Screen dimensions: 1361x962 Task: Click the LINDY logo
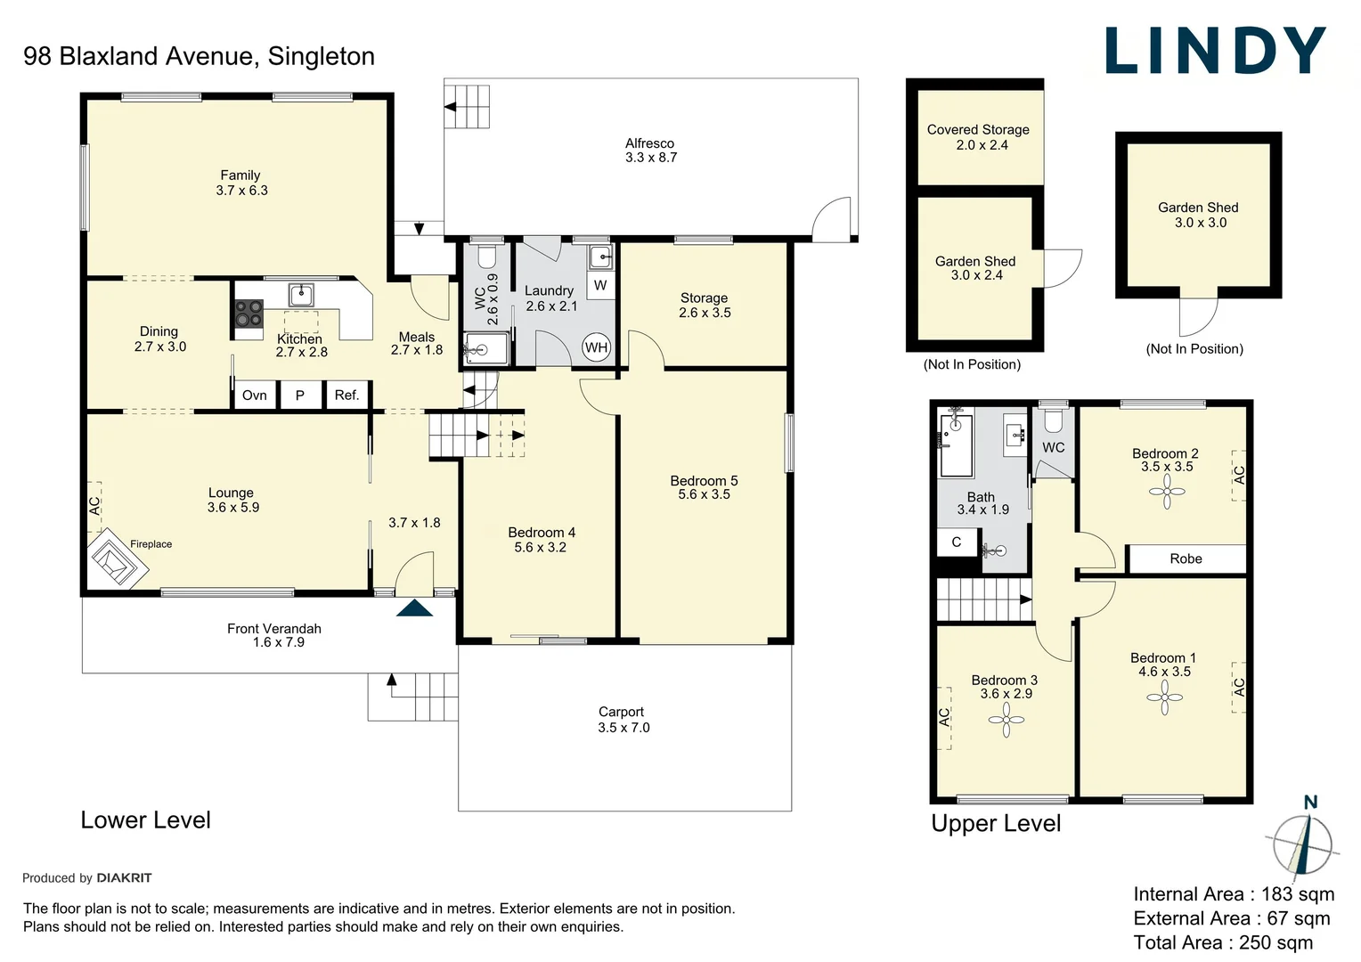(x=1215, y=51)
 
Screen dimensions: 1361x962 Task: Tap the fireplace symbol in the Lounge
(x=118, y=558)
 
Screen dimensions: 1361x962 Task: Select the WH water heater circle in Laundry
(x=596, y=347)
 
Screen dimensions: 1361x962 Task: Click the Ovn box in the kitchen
(x=255, y=395)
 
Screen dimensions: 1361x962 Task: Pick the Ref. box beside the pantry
(x=347, y=395)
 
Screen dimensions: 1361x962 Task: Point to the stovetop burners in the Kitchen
(x=249, y=314)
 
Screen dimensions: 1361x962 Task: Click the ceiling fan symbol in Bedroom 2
(x=1167, y=491)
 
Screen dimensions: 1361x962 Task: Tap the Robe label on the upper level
(x=1186, y=558)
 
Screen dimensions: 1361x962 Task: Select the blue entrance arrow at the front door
(x=414, y=607)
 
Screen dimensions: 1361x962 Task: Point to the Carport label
(x=621, y=712)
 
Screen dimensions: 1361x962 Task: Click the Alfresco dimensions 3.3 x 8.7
(x=651, y=158)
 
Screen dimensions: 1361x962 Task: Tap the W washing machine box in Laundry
(x=600, y=285)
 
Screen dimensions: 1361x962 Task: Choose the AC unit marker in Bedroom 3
(x=944, y=717)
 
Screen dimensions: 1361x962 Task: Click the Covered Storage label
(x=978, y=129)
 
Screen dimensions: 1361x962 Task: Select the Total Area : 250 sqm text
(x=1223, y=942)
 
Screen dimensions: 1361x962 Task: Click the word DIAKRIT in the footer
(x=124, y=877)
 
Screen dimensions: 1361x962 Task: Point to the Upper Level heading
(x=996, y=823)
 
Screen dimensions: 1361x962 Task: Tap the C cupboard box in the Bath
(x=957, y=542)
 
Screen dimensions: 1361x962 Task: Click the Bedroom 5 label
(x=704, y=481)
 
